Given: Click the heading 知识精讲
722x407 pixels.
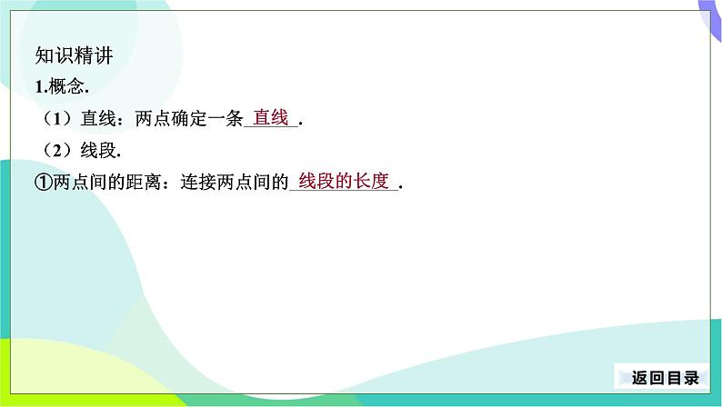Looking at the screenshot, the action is [x=75, y=55].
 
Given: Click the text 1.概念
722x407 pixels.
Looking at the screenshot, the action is [x=62, y=86].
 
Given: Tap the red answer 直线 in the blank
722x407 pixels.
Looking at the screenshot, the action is [x=271, y=117].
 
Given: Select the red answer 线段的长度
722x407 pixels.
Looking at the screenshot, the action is [x=344, y=181].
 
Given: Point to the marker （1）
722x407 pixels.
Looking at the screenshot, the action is [x=57, y=119].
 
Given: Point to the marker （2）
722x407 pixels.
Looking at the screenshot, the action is [x=57, y=151].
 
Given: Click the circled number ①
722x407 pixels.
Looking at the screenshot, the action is [x=44, y=183].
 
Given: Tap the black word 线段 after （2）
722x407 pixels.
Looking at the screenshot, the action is [x=98, y=151].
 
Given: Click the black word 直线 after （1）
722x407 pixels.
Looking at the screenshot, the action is [x=98, y=119].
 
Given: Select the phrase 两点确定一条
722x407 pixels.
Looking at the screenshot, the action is [x=189, y=119].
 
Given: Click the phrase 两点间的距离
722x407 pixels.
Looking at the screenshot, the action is [x=106, y=183].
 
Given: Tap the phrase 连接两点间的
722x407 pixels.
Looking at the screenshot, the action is [x=235, y=183].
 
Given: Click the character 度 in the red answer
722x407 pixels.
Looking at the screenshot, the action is [x=380, y=181].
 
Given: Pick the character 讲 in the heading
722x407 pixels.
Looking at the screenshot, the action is [x=104, y=55].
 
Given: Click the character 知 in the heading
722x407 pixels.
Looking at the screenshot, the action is [x=45, y=55].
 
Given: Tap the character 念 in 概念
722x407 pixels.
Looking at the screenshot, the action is [x=75, y=86].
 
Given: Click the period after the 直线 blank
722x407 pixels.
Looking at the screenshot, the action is [x=301, y=124].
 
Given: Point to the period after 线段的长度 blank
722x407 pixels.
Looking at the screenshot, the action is [x=401, y=188].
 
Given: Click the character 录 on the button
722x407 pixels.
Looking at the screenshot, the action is [x=692, y=378].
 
